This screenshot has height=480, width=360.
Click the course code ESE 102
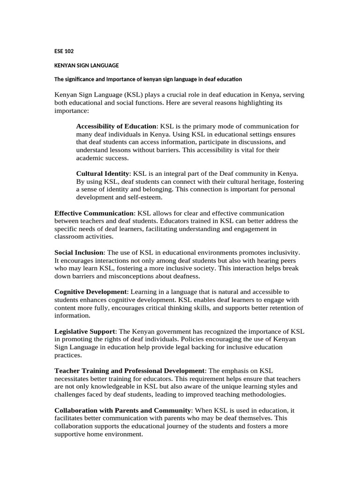point(64,51)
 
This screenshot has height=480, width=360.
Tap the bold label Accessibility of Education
point(116,127)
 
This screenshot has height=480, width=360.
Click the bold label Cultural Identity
point(102,173)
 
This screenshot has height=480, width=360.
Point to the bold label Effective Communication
point(94,213)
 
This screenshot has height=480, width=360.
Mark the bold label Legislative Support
point(85,331)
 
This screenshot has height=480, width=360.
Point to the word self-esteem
point(135,197)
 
